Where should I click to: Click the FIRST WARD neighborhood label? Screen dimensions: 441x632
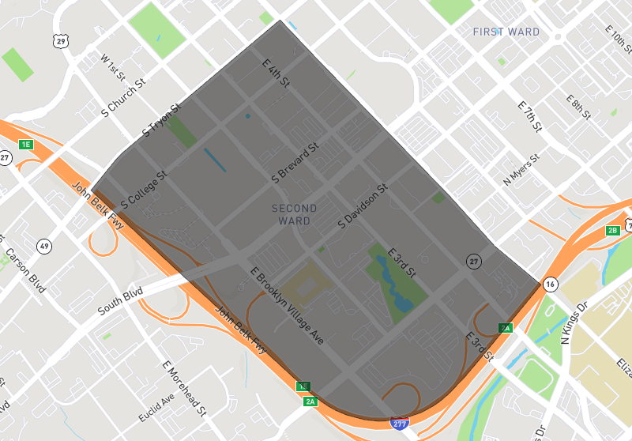pyautogui.click(x=506, y=32)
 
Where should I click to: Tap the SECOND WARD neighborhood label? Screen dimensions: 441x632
pyautogui.click(x=294, y=215)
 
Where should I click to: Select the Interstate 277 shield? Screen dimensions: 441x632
pyautogui.click(x=401, y=424)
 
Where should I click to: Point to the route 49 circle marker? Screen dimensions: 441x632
pyautogui.click(x=44, y=247)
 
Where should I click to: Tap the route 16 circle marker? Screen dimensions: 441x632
pyautogui.click(x=550, y=284)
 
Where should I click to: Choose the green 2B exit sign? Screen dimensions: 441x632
pyautogui.click(x=613, y=231)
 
